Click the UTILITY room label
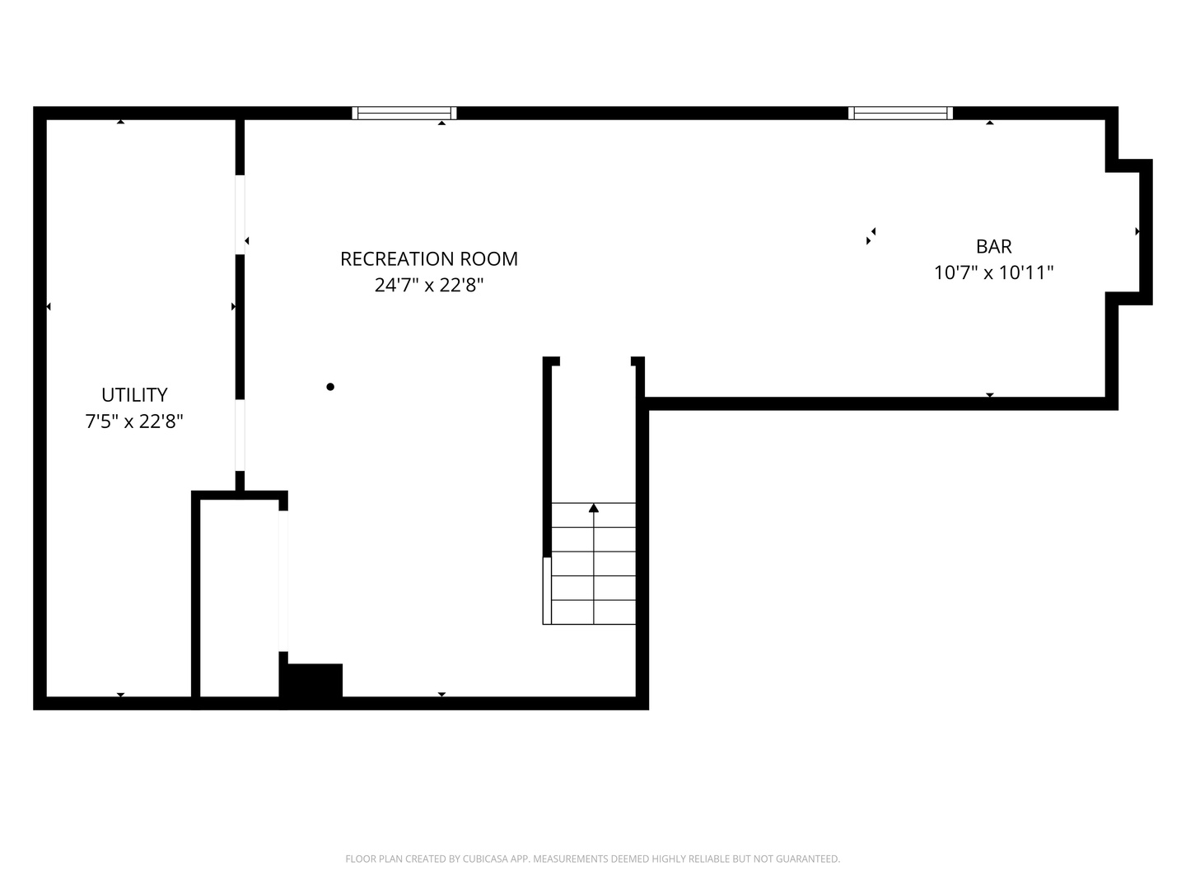pyautogui.click(x=134, y=394)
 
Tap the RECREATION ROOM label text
pyautogui.click(x=428, y=258)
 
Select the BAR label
pyautogui.click(x=993, y=246)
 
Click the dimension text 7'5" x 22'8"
pyautogui.click(x=134, y=421)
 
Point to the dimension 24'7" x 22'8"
pyautogui.click(x=428, y=285)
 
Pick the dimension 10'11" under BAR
pyautogui.click(x=1025, y=272)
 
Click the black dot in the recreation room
pyautogui.click(x=330, y=387)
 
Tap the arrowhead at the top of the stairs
pyautogui.click(x=593, y=508)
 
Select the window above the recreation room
pyautogui.click(x=404, y=113)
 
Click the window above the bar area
pyautogui.click(x=900, y=113)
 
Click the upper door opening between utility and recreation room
pyautogui.click(x=240, y=214)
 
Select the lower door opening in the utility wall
pyautogui.click(x=240, y=435)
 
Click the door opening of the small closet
pyautogui.click(x=283, y=581)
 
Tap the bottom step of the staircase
pyautogui.click(x=593, y=612)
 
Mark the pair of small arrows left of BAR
pyautogui.click(x=871, y=236)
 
